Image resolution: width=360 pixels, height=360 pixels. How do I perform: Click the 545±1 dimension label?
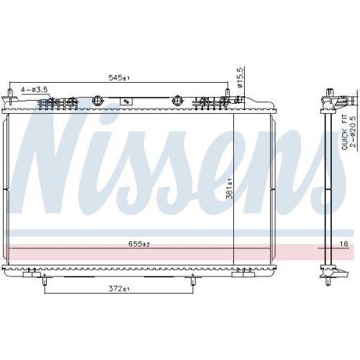(x=119, y=77)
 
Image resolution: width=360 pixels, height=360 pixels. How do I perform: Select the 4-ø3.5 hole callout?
(x=35, y=89)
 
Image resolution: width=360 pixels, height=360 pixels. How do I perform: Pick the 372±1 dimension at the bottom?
(x=118, y=289)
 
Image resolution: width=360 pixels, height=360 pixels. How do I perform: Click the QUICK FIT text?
(x=344, y=132)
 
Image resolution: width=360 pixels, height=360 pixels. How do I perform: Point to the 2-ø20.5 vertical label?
(x=352, y=132)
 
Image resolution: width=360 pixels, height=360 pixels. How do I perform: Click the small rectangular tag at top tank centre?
(x=127, y=102)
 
